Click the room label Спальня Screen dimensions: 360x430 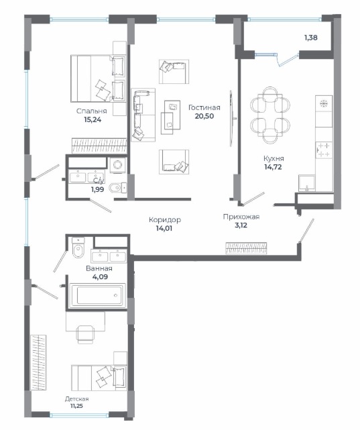pyautogui.click(x=91, y=111)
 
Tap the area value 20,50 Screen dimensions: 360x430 pyautogui.click(x=204, y=116)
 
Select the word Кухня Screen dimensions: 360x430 pyautogui.click(x=274, y=158)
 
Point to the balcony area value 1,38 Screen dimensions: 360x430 pyautogui.click(x=311, y=38)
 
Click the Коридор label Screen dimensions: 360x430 pyautogui.click(x=165, y=219)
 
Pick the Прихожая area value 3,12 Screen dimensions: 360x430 pyautogui.click(x=241, y=225)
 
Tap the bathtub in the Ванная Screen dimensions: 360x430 pyautogui.click(x=98, y=295)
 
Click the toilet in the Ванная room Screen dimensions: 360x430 pyautogui.click(x=78, y=248)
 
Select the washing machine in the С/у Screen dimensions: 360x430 pyautogui.click(x=118, y=165)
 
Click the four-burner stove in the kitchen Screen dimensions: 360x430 pyautogui.click(x=324, y=150)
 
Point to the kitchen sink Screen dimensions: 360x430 pyautogui.click(x=307, y=183)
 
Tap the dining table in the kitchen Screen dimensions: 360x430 pyautogui.click(x=270, y=115)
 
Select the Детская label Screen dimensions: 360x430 pyautogui.click(x=76, y=399)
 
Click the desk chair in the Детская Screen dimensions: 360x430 pyautogui.click(x=85, y=334)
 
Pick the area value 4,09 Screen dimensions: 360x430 pyautogui.click(x=100, y=276)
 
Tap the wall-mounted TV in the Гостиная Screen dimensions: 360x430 pyautogui.click(x=232, y=119)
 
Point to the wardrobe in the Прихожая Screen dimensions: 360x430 pyautogui.click(x=246, y=248)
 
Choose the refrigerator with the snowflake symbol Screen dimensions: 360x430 pyautogui.click(x=324, y=104)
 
